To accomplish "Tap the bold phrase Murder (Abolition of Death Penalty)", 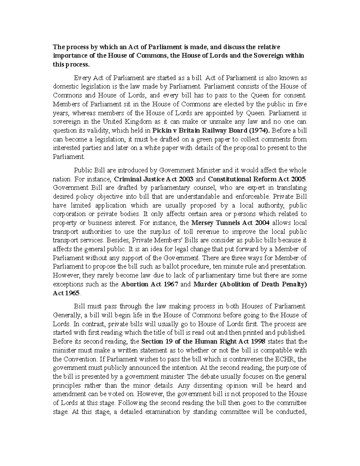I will coord(250,284).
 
